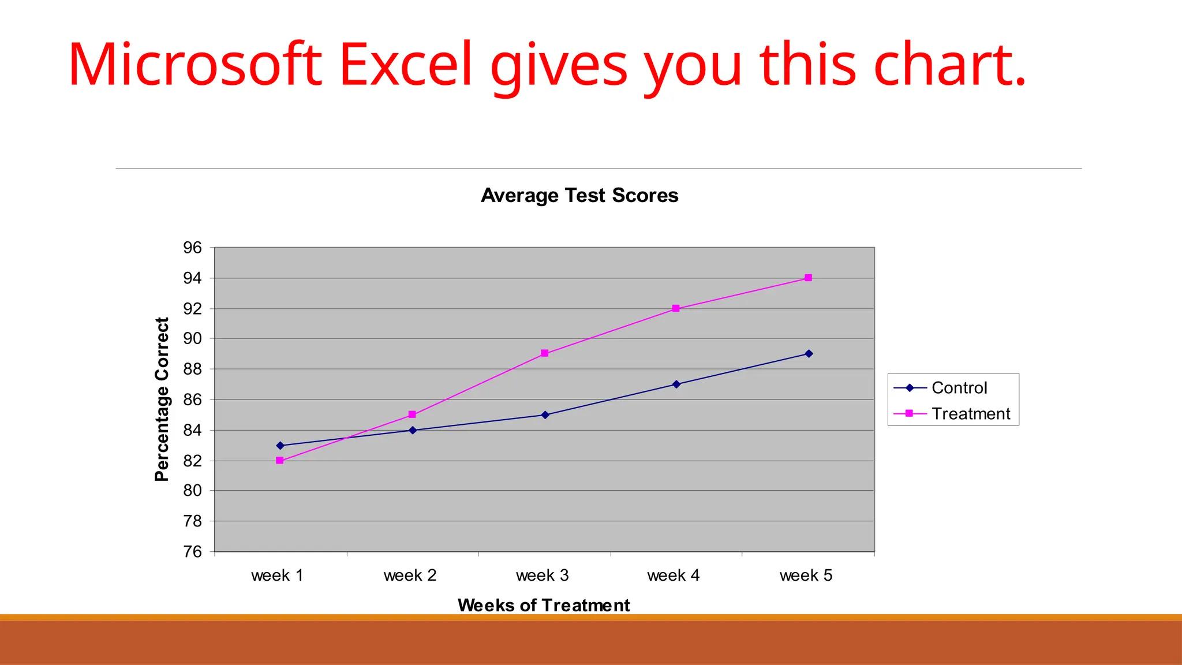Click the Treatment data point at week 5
[808, 278]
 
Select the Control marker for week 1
[280, 446]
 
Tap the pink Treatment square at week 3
[545, 353]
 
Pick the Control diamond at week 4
[676, 384]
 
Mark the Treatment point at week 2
[412, 414]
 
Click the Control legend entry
[959, 388]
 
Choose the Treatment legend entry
[970, 414]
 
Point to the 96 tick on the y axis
[193, 248]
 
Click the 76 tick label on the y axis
[193, 552]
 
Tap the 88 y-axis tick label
[193, 369]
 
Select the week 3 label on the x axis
[543, 576]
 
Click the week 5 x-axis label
[806, 576]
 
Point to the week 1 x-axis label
[277, 576]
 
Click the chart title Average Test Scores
[579, 196]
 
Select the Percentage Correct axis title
[162, 399]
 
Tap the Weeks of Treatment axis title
[544, 605]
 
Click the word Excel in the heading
[406, 65]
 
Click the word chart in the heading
[949, 65]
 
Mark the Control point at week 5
[809, 354]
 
